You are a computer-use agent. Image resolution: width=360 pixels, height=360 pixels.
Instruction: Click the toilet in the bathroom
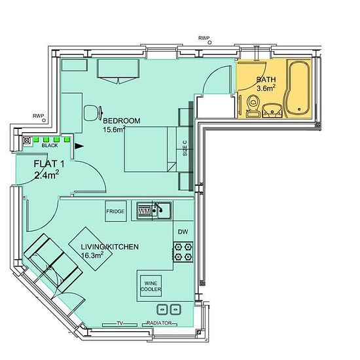[x=253, y=106]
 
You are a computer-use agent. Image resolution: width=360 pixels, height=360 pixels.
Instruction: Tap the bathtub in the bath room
[x=298, y=88]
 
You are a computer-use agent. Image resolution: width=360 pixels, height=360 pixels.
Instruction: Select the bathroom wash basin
[x=272, y=111]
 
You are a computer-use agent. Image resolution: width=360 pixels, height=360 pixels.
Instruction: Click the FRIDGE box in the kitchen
[x=116, y=211]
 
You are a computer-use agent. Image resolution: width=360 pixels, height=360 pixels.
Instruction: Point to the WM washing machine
[x=145, y=211]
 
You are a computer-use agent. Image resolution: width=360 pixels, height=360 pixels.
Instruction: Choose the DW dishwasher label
[x=183, y=232]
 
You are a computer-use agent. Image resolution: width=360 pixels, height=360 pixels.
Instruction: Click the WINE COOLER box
[x=151, y=286]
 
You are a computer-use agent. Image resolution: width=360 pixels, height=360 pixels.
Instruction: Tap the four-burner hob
[x=183, y=252]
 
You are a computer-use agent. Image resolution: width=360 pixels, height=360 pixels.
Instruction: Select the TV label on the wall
[x=120, y=323]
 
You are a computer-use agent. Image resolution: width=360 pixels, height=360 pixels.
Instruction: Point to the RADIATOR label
[x=159, y=323]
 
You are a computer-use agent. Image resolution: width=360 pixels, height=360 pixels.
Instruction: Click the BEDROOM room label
[x=122, y=121]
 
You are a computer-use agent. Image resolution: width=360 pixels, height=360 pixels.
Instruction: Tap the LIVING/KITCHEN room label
[x=110, y=247]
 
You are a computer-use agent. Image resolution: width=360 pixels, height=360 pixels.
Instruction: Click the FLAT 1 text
[x=49, y=164]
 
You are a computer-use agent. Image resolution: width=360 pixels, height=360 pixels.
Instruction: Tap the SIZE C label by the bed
[x=185, y=149]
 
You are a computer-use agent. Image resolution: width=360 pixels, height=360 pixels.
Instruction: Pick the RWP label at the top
[x=204, y=38]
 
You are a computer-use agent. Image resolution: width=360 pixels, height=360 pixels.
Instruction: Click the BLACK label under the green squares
[x=50, y=145]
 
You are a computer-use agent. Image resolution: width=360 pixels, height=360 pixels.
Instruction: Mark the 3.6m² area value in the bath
[x=266, y=88]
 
